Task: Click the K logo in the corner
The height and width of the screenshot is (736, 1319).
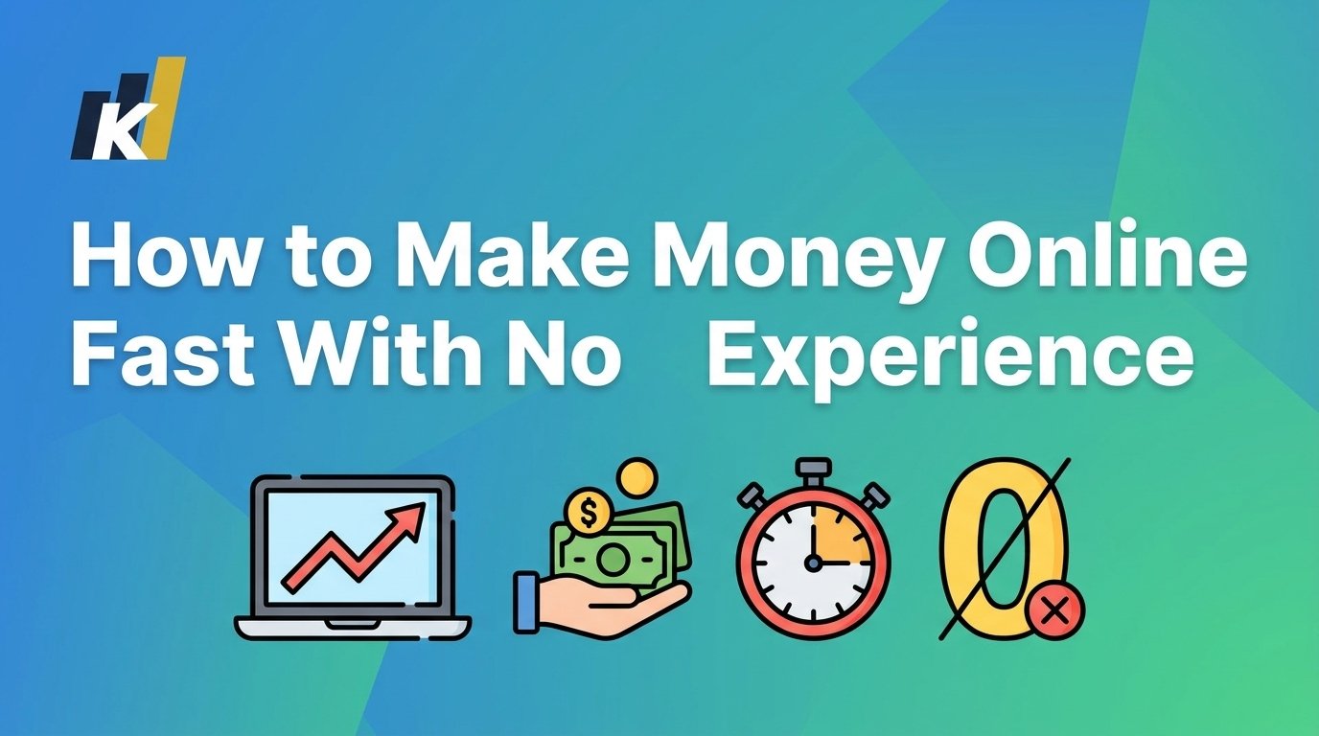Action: point(127,110)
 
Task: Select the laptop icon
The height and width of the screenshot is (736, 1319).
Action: point(352,557)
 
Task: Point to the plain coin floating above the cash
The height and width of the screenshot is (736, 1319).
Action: point(636,477)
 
